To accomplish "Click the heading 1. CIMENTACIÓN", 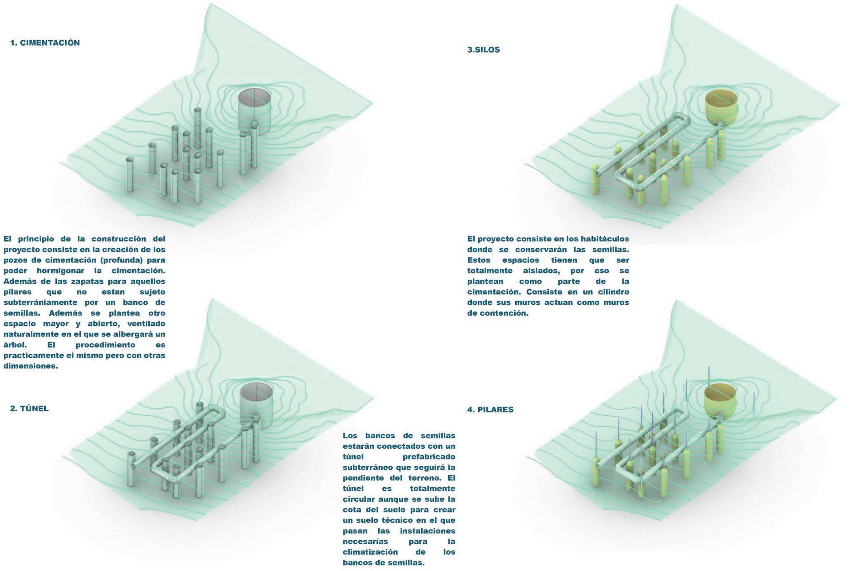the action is click(45, 43).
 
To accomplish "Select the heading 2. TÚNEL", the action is click(29, 409).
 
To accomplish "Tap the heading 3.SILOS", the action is click(483, 50).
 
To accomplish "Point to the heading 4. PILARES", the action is click(490, 410).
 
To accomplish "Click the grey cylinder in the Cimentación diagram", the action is click(254, 109).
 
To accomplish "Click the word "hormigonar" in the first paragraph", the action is click(60, 271).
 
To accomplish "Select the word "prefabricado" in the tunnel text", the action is click(429, 457).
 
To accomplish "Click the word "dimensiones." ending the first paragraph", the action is click(31, 366).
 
